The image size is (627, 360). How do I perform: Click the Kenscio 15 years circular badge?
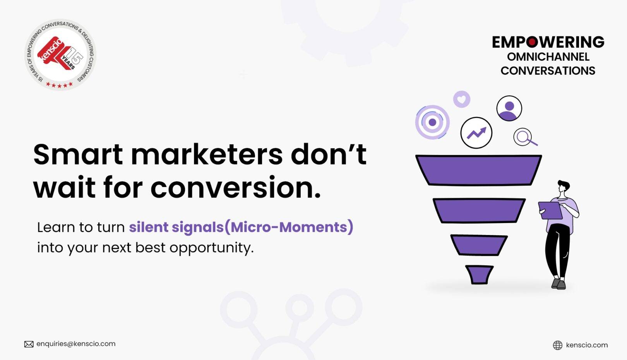60,55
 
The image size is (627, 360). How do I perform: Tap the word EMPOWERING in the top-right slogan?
548,42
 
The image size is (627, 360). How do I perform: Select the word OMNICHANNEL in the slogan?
548,57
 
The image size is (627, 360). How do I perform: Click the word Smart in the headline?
78,154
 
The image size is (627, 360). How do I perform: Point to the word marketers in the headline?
207,154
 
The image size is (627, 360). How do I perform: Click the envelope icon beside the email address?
29,344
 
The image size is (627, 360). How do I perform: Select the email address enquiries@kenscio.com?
76,344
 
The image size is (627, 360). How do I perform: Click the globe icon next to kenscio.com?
557,345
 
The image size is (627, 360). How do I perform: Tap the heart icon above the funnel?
461,99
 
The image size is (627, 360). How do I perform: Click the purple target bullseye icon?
432,122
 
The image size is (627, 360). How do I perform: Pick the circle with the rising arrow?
476,133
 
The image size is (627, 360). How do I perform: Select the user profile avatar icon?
509,108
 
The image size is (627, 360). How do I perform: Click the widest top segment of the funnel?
478,170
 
